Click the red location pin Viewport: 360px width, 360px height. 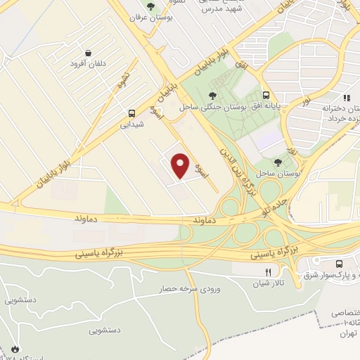(181, 165)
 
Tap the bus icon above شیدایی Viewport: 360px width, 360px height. (131, 113)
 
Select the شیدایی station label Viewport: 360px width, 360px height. (131, 125)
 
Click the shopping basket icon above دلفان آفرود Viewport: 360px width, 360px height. (88, 53)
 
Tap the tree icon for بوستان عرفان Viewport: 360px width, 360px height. (151, 6)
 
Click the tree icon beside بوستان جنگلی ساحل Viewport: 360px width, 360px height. (212, 95)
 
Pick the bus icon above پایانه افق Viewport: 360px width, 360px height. (266, 95)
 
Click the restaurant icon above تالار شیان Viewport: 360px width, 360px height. (267, 271)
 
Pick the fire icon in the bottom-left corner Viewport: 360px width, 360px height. (14, 349)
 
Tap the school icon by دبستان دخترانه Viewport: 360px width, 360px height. (346, 98)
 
